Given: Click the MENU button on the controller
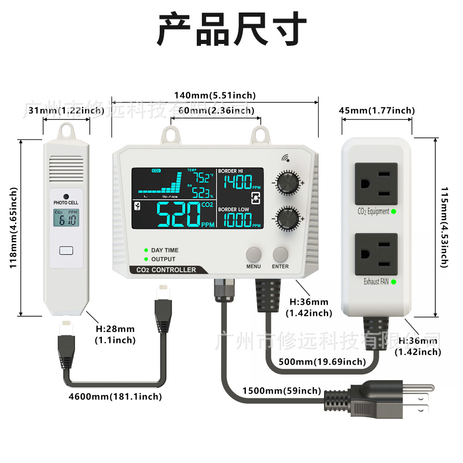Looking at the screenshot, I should pos(254,254).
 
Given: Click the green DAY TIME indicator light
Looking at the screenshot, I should pos(146,250).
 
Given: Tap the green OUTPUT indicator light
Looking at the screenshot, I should pos(146,259).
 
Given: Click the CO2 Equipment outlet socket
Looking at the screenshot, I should pos(376,184).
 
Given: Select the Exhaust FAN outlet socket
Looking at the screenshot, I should pos(376,254).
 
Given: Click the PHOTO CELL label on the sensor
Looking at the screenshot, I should pos(66,203).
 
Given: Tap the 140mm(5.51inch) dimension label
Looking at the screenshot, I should pos(215,95).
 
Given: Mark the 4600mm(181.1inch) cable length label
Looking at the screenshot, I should pos(115,396).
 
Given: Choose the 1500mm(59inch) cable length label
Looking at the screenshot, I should pos(282,391).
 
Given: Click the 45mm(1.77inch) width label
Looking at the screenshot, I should pos(377,110).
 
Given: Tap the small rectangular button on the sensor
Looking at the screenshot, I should pos(66,250).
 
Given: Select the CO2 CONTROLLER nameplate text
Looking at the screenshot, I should pos(166,270).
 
